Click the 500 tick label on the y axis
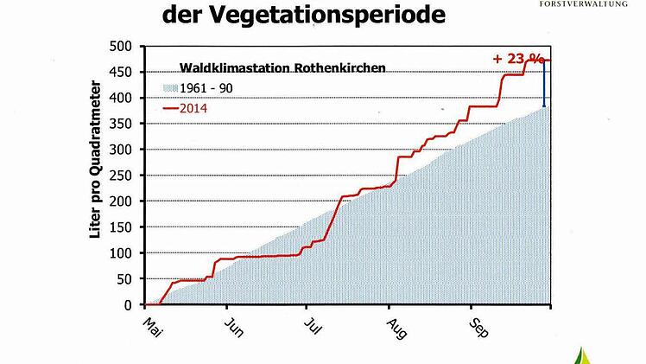tap(123, 46)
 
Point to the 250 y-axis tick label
tap(123, 176)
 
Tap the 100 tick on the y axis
tap(123, 253)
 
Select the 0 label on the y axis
tap(129, 305)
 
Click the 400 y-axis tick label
tap(123, 98)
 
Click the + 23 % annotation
tap(518, 59)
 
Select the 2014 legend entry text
tap(195, 108)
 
